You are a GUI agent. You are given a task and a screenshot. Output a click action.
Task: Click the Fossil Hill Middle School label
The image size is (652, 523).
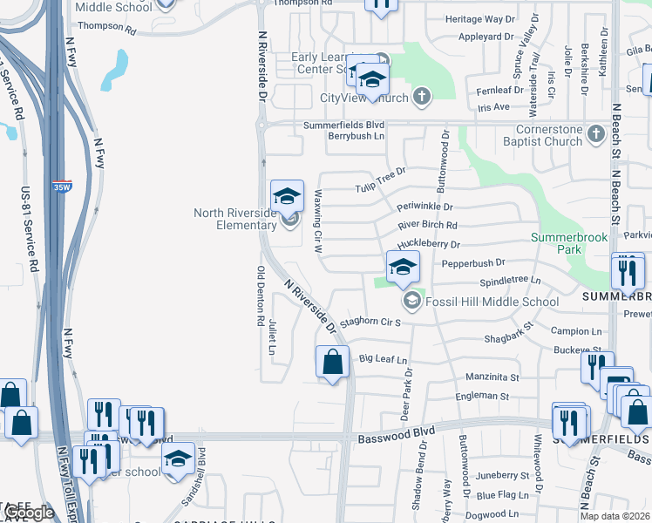[x=492, y=302]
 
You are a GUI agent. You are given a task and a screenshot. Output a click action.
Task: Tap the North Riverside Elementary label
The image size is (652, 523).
[x=234, y=219]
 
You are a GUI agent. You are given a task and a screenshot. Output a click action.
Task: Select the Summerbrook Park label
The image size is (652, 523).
[x=568, y=243]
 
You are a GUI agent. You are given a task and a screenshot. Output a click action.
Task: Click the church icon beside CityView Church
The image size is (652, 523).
[x=422, y=96]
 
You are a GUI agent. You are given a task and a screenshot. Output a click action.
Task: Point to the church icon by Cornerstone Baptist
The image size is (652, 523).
[x=595, y=134]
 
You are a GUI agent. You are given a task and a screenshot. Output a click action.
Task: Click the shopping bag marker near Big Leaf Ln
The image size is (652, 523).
[x=332, y=362]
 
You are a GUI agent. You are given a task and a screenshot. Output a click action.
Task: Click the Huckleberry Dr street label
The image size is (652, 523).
[x=428, y=245]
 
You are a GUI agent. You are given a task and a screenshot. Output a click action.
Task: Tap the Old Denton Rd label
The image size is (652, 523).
[x=260, y=296]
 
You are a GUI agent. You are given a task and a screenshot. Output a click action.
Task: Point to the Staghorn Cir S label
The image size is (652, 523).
[x=370, y=323]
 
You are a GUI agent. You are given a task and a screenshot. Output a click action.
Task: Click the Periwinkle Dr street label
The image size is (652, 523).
[x=425, y=207]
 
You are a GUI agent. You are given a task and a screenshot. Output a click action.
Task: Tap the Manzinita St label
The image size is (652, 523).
[x=492, y=377]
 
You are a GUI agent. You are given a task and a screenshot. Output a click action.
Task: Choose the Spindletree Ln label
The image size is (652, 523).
[x=510, y=282]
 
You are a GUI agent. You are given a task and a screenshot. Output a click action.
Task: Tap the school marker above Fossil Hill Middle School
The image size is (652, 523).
[x=403, y=269]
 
